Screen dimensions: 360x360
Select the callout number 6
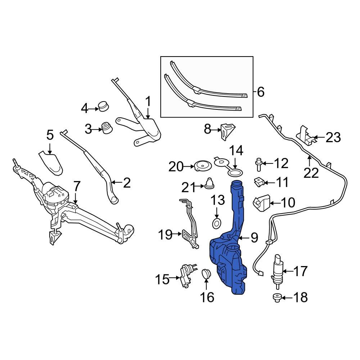coord(261,92)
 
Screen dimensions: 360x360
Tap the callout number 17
coord(301,271)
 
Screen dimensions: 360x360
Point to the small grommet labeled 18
coord(277,297)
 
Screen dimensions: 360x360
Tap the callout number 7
coord(77,186)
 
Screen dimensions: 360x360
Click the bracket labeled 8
coord(227,131)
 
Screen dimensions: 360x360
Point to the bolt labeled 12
coord(258,165)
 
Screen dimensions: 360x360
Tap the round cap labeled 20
coord(202,166)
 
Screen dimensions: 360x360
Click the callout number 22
coord(311,173)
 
